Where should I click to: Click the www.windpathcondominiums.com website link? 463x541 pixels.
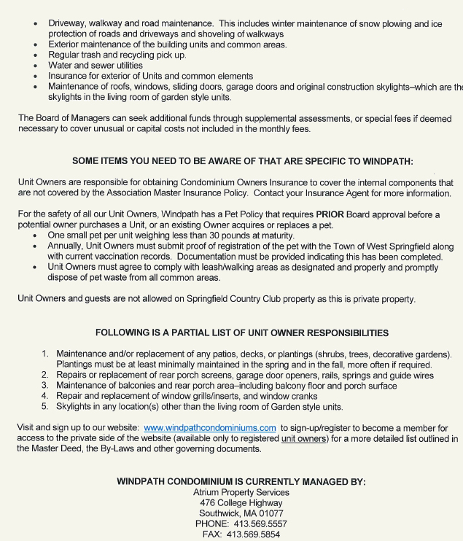210,428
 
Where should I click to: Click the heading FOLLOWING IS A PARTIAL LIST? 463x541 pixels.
241,332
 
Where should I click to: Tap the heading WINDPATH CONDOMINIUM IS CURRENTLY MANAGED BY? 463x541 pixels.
241,482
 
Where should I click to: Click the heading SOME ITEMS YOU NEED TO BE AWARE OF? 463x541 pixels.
241,160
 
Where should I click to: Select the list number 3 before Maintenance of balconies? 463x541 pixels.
44,386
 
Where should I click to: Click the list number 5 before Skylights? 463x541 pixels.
44,407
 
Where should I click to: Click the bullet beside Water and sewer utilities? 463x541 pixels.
36,66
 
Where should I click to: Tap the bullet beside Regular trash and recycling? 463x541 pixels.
36,55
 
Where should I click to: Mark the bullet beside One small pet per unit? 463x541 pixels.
36,236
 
